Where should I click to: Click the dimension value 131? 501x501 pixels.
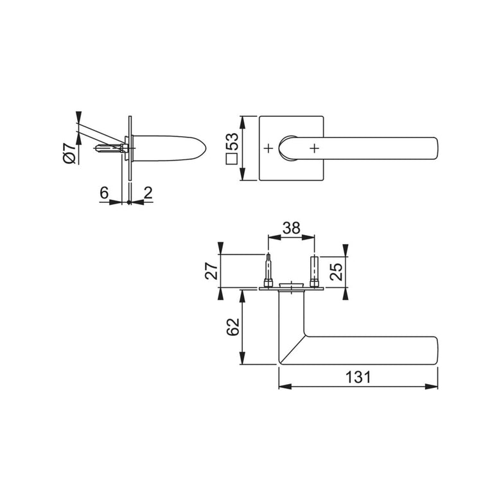point(358,378)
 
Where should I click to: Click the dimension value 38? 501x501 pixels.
point(291,228)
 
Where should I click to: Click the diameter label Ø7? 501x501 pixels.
point(69,154)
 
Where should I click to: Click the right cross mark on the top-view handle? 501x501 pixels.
point(313,148)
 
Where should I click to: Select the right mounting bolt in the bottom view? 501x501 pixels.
point(314,272)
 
